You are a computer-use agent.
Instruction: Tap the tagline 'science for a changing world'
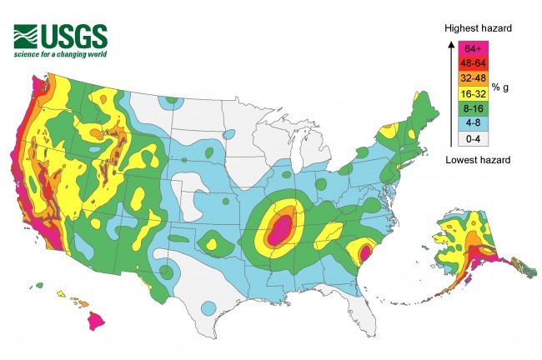pos(59,55)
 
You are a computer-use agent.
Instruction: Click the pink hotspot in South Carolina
pos(364,249)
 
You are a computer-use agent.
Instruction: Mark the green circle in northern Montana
pos(170,102)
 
